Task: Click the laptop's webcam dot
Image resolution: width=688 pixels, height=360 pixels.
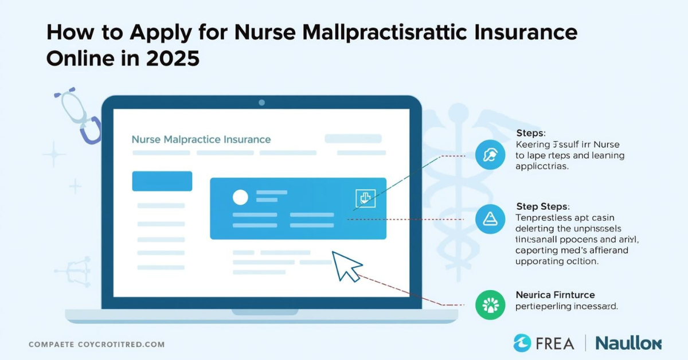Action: (x=261, y=103)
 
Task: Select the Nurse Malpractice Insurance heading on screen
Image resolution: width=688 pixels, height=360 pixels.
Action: (x=201, y=139)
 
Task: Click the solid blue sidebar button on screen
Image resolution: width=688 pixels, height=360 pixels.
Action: (x=162, y=181)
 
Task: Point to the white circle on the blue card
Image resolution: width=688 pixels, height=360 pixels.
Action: (x=240, y=197)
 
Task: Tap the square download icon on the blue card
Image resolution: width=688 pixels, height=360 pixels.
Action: (x=365, y=198)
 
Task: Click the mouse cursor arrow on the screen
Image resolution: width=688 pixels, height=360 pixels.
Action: (x=347, y=265)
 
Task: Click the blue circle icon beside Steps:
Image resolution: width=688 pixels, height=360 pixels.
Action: (x=491, y=155)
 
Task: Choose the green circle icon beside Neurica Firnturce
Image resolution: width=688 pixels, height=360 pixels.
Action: (x=491, y=304)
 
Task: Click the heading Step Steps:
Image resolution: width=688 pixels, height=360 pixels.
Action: (x=542, y=206)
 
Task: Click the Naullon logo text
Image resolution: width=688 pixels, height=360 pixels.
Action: (x=628, y=343)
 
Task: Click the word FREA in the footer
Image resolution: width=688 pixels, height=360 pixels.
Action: (x=555, y=343)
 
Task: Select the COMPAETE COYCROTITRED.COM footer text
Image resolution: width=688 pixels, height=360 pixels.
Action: (x=96, y=345)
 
